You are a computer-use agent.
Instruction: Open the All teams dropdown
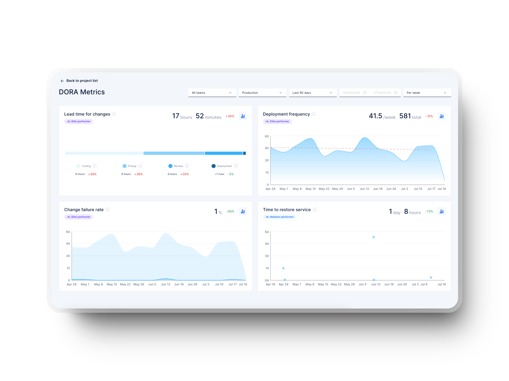point(212,93)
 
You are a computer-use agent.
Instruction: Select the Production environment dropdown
point(262,93)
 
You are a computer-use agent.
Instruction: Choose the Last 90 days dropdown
point(312,93)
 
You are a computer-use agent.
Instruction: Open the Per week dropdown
point(427,93)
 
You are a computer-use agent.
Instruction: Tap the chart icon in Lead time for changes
point(243,116)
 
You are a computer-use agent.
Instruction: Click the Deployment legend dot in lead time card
point(213,166)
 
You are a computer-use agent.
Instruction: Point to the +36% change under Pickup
point(138,174)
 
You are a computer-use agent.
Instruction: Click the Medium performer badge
point(280,217)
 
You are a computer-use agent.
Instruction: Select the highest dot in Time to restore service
point(373,237)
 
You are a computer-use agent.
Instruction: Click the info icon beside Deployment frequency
point(314,114)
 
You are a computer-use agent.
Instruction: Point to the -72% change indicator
point(429,211)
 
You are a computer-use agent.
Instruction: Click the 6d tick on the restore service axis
point(267,232)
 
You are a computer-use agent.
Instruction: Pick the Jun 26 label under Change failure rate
point(192,284)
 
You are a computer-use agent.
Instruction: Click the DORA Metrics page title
point(82,92)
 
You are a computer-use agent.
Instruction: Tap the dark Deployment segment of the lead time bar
point(244,153)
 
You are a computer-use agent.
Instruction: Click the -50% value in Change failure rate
point(230,211)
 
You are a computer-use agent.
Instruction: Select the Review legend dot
point(170,166)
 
